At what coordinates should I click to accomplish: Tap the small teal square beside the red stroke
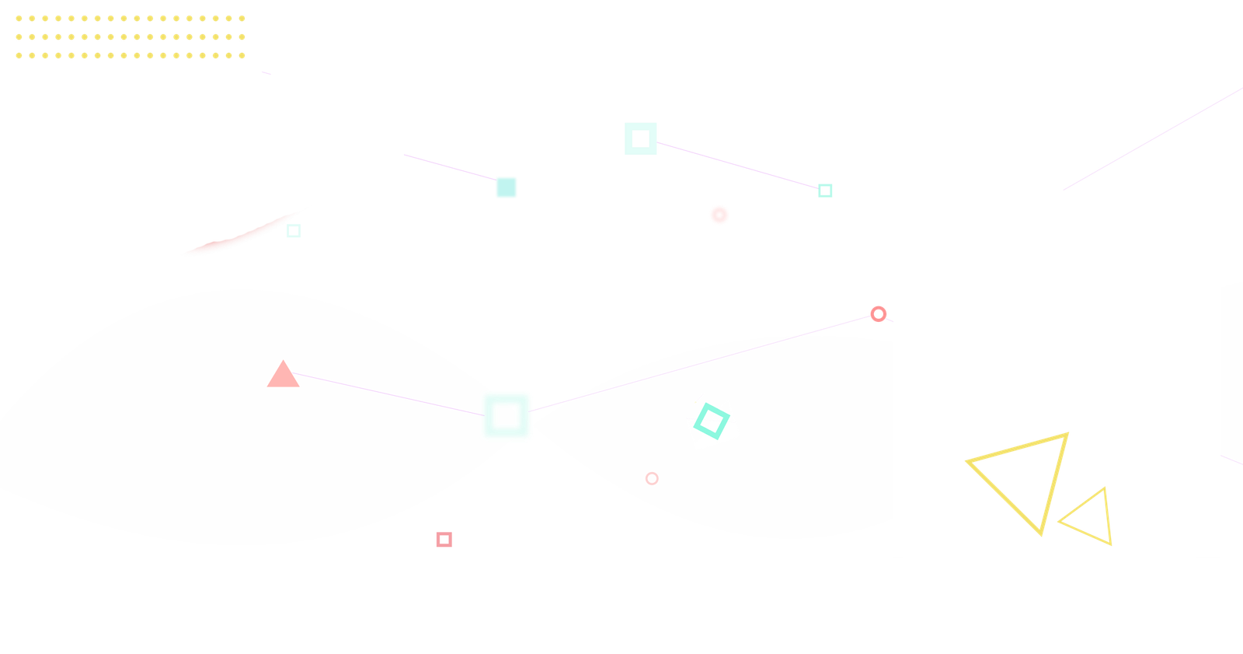pos(293,230)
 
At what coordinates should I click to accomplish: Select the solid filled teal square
pos(507,187)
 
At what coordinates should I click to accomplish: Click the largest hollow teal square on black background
pos(640,138)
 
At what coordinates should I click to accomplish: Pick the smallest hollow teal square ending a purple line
pos(825,191)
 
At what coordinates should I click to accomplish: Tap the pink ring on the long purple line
pos(878,314)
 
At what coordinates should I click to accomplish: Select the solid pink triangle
pos(283,376)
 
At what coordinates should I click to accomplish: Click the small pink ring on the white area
pos(652,478)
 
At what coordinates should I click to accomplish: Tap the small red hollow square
pos(444,540)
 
